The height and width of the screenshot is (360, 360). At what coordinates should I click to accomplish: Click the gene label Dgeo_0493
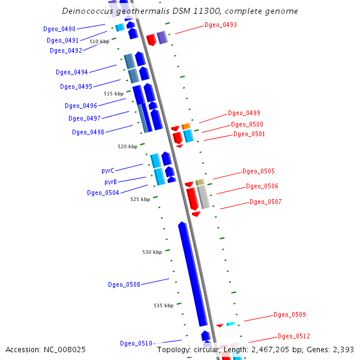pos(220,25)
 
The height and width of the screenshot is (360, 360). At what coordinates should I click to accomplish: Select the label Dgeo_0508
pos(124,284)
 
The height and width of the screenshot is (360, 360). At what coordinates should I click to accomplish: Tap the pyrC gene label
pos(108,171)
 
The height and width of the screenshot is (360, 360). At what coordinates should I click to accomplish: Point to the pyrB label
pos(110,182)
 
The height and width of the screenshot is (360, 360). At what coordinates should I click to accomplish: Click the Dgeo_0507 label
pos(265,202)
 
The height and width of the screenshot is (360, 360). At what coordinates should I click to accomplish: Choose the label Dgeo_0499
pos(244,113)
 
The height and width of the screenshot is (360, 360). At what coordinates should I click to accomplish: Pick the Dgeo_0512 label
pos(293,336)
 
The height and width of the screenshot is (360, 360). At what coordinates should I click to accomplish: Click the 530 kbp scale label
pos(152,252)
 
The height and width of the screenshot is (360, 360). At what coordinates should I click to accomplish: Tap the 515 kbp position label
pos(113,94)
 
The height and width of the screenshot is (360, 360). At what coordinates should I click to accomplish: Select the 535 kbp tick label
pos(163,305)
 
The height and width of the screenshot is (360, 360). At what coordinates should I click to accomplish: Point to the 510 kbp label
pos(100,41)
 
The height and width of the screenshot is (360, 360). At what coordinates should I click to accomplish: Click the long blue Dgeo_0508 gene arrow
pos(193,274)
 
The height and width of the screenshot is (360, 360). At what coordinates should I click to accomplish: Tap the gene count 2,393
pos(343,349)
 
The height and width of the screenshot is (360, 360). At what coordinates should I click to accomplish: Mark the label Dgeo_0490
pos(59,29)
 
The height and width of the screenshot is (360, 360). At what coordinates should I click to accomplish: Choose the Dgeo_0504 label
pos(103,193)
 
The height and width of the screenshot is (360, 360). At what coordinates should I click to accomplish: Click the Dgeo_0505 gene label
pos(258,171)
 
